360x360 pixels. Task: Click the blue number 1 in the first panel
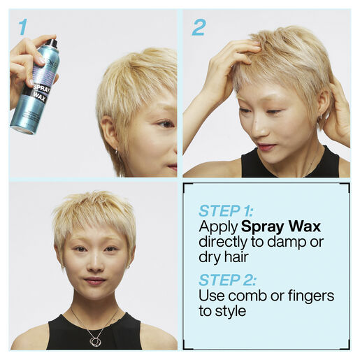(23, 27)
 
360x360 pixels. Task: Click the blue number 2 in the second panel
(199, 27)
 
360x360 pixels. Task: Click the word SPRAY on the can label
(41, 89)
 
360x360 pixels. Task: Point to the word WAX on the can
(39, 97)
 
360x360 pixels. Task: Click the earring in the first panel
(116, 152)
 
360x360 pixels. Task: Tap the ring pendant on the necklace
(94, 341)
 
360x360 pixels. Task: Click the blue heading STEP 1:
(226, 211)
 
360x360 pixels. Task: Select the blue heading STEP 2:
(227, 280)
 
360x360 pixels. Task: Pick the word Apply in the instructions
(218, 227)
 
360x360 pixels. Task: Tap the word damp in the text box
(287, 243)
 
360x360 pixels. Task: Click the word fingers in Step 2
(311, 296)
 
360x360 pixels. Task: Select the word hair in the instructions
(236, 257)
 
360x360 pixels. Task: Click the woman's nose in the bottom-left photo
(96, 263)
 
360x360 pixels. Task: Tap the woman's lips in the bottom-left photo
(95, 281)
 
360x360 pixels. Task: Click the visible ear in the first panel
(109, 133)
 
